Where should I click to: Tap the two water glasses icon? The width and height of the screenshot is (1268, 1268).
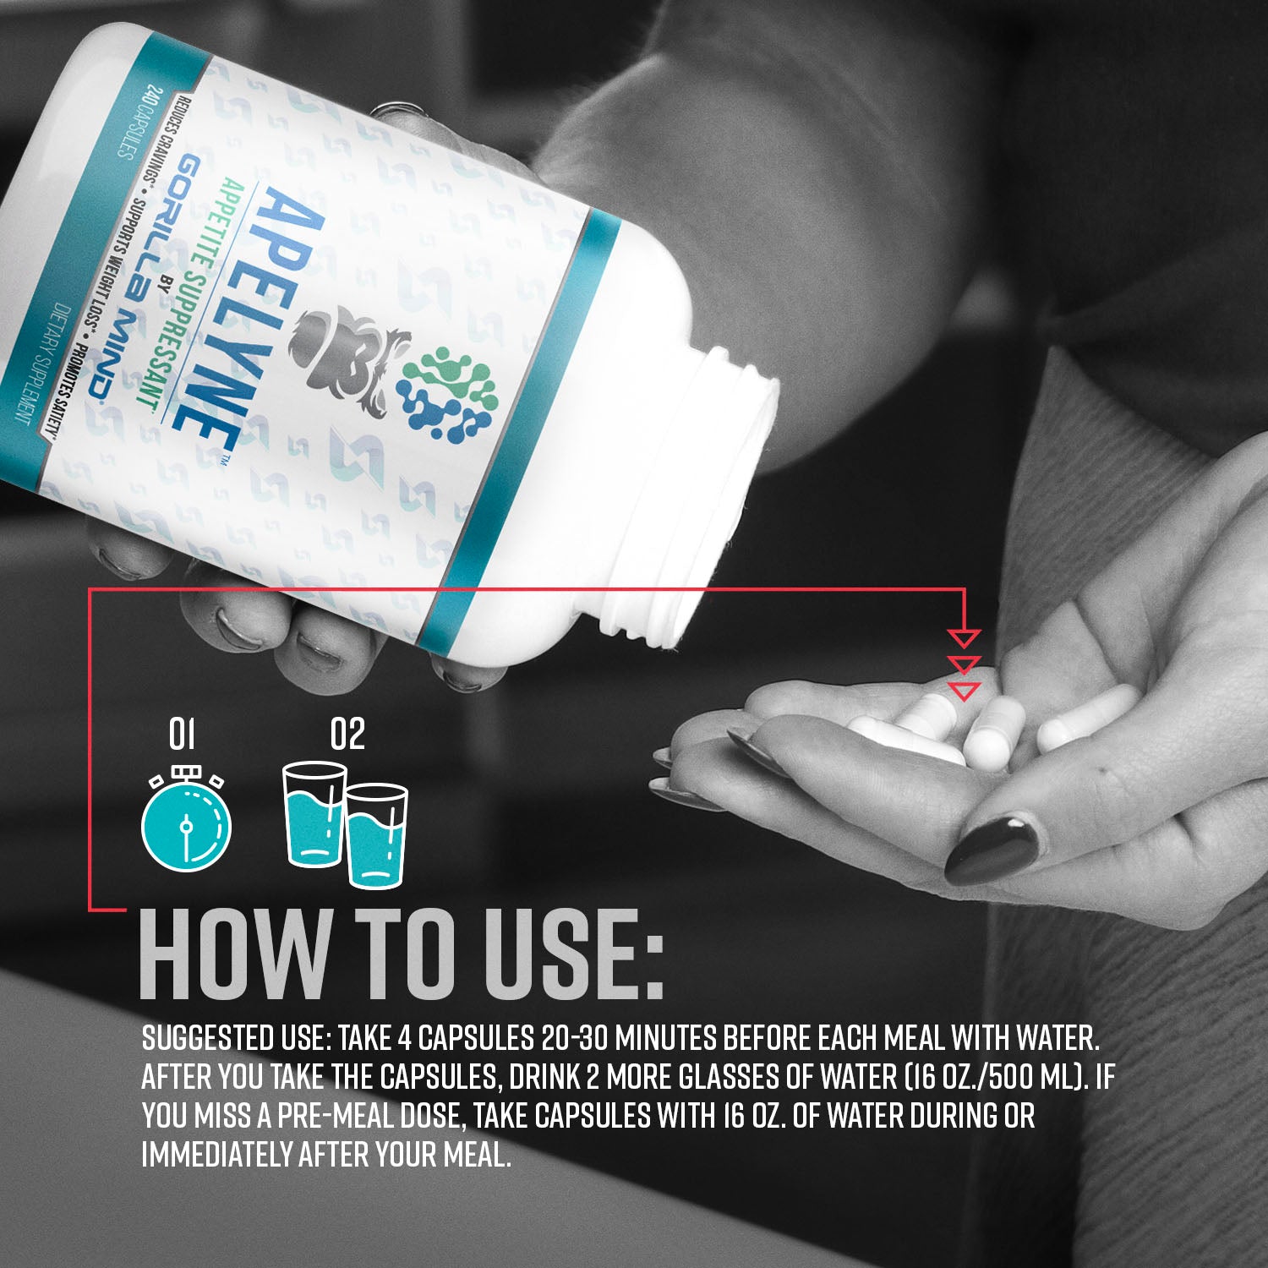click(345, 825)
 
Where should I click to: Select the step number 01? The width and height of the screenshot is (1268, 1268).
click(182, 734)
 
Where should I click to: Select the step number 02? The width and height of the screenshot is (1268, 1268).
click(347, 734)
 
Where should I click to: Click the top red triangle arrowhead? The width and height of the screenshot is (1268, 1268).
click(964, 637)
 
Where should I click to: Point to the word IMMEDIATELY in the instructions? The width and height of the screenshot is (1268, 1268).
click(217, 1155)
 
